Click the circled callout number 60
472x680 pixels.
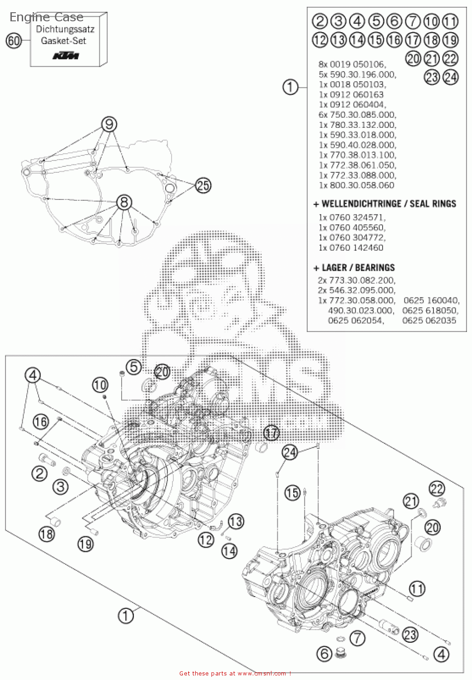click(x=14, y=41)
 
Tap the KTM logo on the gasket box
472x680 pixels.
click(x=66, y=56)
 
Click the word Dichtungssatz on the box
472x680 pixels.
click(x=65, y=29)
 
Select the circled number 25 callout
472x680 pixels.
click(x=203, y=185)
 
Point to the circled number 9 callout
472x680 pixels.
click(x=109, y=124)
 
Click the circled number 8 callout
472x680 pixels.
click(x=124, y=202)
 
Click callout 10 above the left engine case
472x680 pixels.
click(x=100, y=385)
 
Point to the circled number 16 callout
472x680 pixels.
click(x=40, y=422)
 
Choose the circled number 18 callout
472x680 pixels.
click(x=47, y=534)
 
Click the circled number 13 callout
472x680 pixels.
click(x=236, y=521)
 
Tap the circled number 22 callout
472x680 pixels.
click(x=437, y=489)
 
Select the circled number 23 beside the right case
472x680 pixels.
click(x=410, y=634)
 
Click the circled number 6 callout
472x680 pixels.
click(x=324, y=654)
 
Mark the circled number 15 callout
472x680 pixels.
click(x=293, y=492)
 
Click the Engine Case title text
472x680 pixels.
click(x=46, y=17)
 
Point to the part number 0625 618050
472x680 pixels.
click(x=430, y=311)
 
